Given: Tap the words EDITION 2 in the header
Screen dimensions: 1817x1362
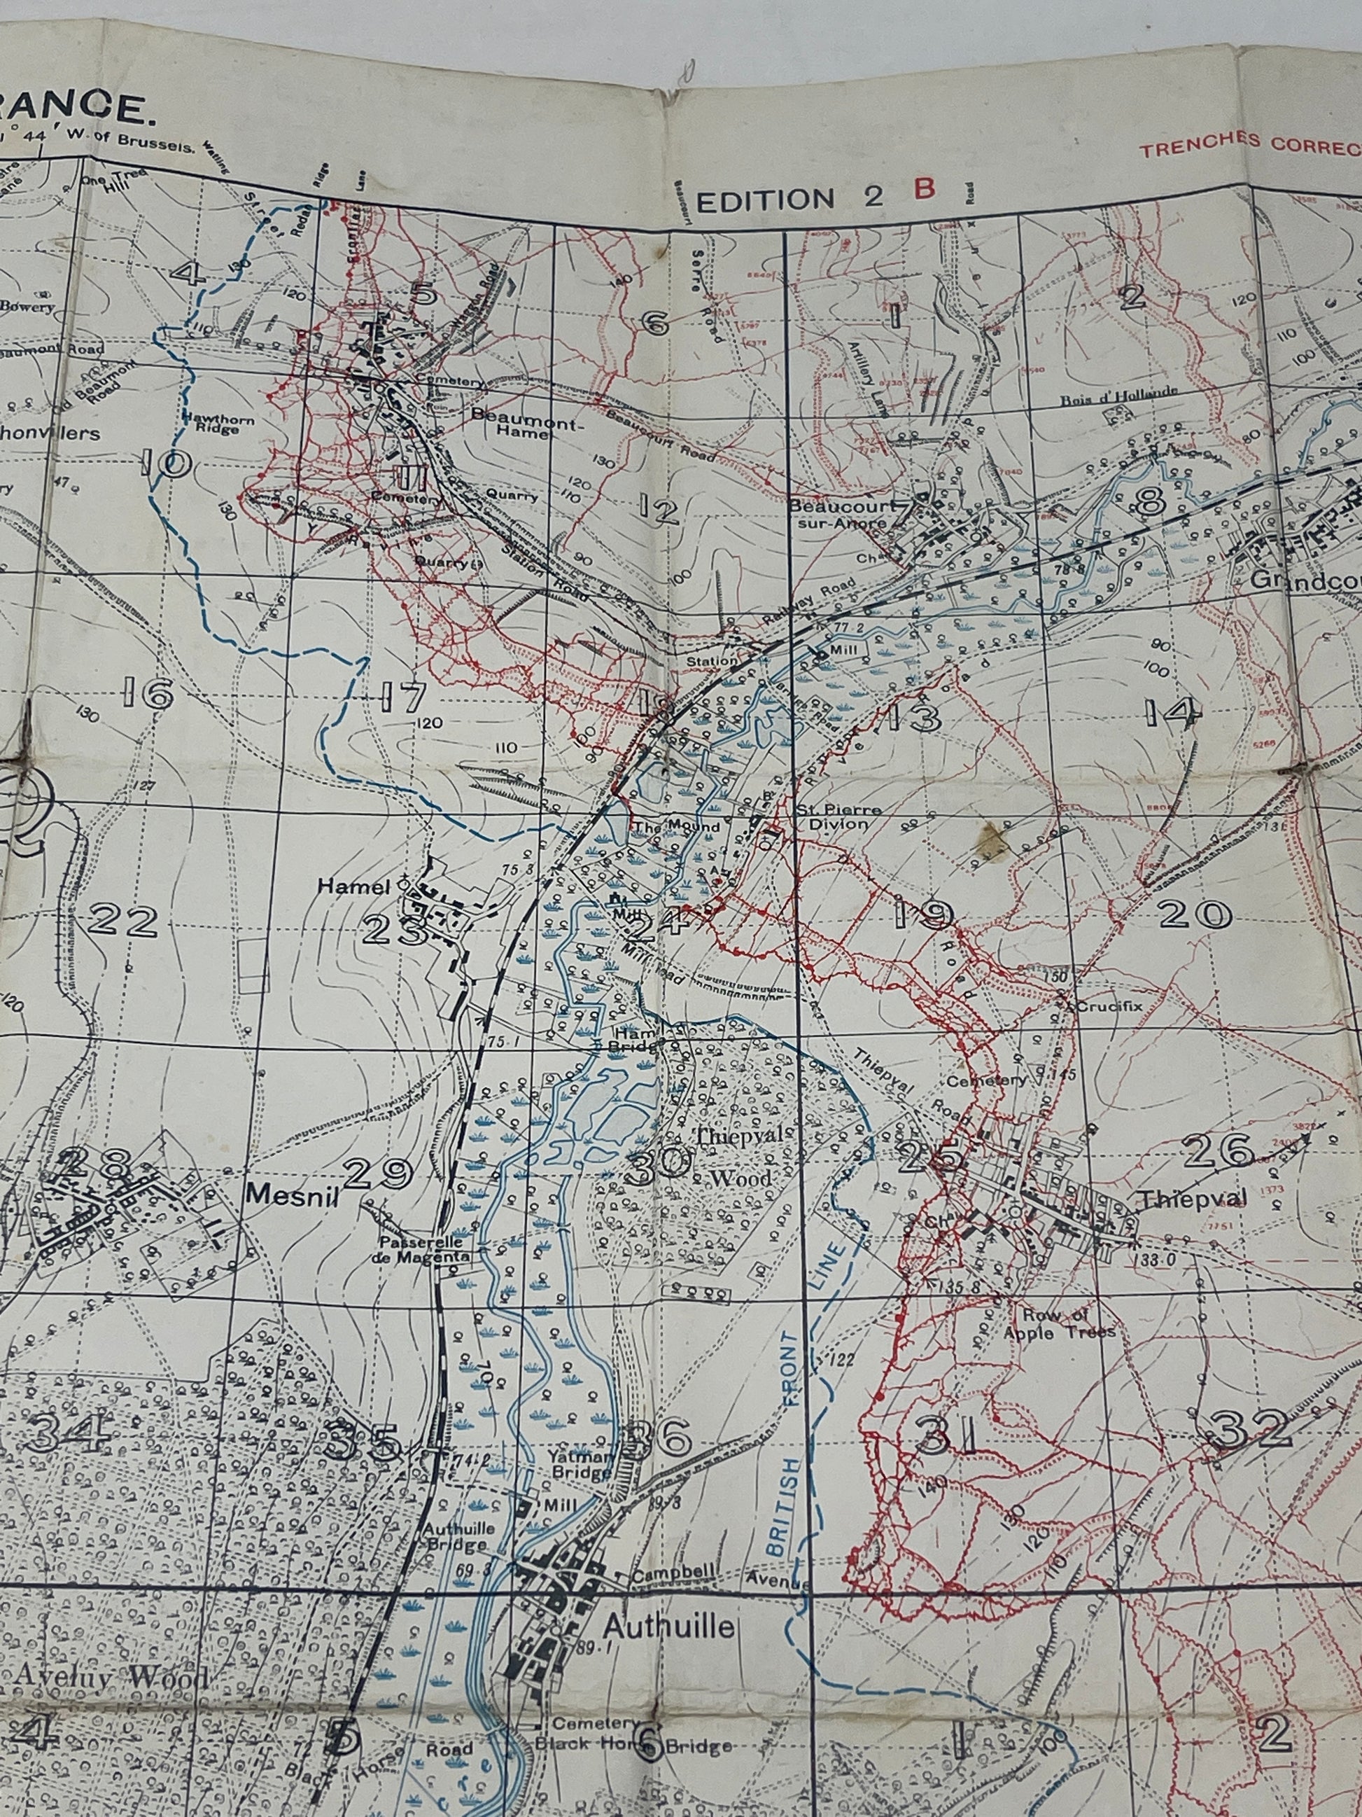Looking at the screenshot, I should click(788, 198).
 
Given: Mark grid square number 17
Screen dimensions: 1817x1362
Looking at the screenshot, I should click(403, 698).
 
